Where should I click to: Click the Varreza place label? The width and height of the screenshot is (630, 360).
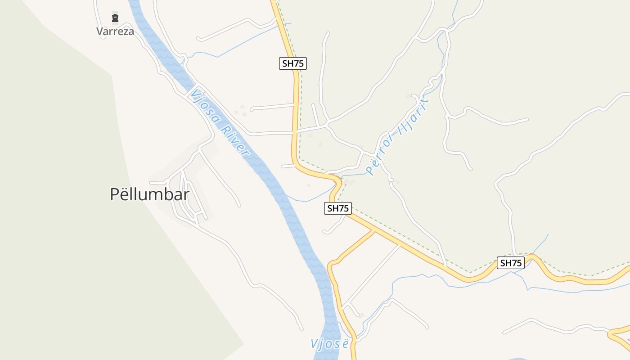tap(115, 31)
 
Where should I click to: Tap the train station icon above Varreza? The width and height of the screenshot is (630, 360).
tap(115, 18)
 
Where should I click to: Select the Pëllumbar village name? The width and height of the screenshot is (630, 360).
tap(149, 194)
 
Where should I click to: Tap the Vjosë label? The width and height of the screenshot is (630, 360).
tap(330, 344)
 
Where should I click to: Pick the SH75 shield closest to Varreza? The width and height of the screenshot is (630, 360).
tap(293, 63)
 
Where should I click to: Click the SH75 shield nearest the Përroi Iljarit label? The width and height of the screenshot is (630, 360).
tap(338, 208)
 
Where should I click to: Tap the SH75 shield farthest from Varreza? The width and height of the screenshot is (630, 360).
tap(511, 263)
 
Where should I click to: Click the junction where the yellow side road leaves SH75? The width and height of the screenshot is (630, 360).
tap(373, 231)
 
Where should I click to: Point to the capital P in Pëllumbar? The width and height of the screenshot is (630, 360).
tap(115, 194)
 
